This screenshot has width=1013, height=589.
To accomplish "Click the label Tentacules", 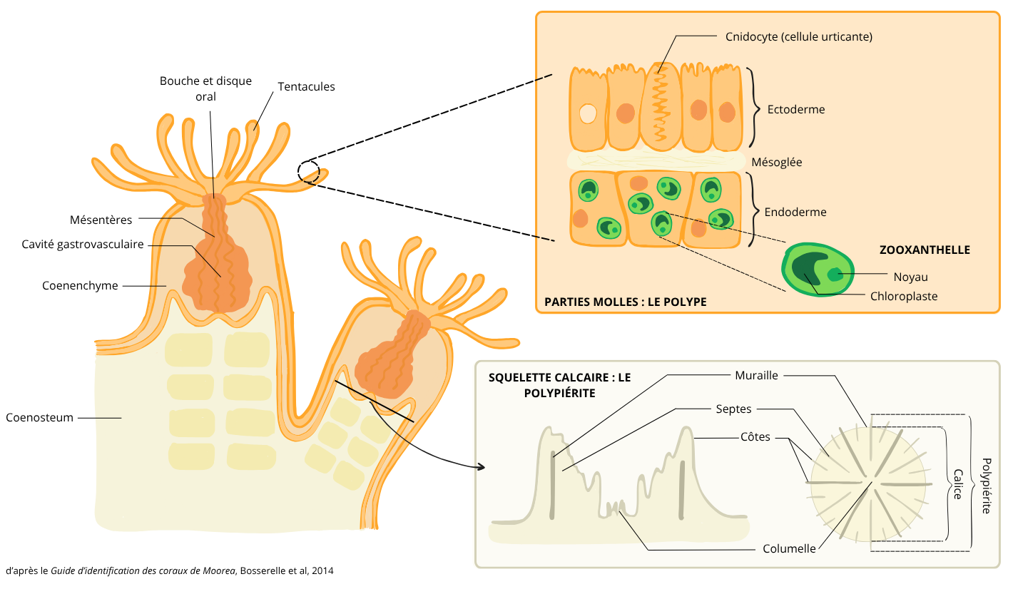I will click(x=306, y=86).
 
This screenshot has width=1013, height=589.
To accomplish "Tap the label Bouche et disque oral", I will click(x=205, y=88).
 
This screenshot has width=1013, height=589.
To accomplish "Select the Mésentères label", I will click(x=101, y=219).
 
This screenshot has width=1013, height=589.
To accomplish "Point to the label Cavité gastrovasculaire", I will click(x=83, y=245).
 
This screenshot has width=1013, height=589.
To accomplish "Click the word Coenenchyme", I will click(x=80, y=286).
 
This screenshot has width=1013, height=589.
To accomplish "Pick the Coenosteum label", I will click(x=40, y=417).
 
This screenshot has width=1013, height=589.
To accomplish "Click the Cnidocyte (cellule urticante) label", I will click(x=798, y=36).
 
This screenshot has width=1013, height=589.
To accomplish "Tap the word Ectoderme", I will click(x=796, y=110).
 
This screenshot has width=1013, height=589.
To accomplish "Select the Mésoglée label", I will click(x=776, y=162).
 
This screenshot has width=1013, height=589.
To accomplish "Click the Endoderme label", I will click(x=795, y=212).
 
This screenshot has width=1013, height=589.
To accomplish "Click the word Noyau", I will click(x=910, y=277).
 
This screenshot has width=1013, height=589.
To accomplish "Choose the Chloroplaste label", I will click(x=904, y=296).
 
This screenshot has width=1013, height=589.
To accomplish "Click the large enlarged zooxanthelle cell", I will click(x=817, y=270).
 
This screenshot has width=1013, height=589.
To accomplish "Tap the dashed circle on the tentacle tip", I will click(x=308, y=171).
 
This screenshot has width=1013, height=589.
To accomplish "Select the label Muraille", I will click(x=756, y=375).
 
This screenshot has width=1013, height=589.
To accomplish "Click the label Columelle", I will click(x=789, y=548).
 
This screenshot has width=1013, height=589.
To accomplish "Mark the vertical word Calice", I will click(x=957, y=483).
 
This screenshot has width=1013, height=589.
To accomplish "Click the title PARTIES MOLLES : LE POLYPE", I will click(x=625, y=302).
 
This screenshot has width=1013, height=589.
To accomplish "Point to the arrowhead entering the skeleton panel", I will click(x=481, y=467).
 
